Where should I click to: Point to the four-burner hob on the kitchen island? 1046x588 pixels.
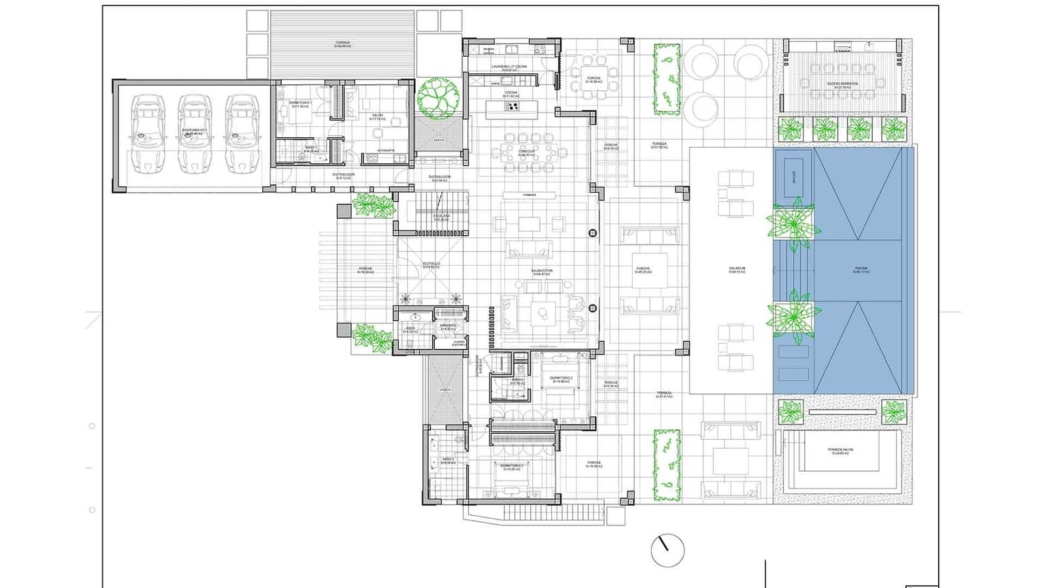512,107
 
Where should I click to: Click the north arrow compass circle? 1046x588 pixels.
667,550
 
